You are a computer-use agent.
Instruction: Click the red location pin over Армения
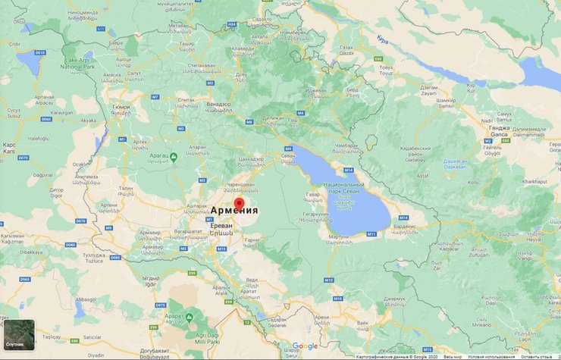239,204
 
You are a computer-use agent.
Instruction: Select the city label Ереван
221,227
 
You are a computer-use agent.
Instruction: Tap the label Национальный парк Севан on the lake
346,189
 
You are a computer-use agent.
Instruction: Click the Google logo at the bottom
305,346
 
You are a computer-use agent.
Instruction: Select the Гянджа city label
499,127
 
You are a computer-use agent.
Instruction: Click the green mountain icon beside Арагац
174,157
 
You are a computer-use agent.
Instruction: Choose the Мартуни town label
340,237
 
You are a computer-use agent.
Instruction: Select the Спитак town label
184,100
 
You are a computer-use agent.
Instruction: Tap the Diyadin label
95,353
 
